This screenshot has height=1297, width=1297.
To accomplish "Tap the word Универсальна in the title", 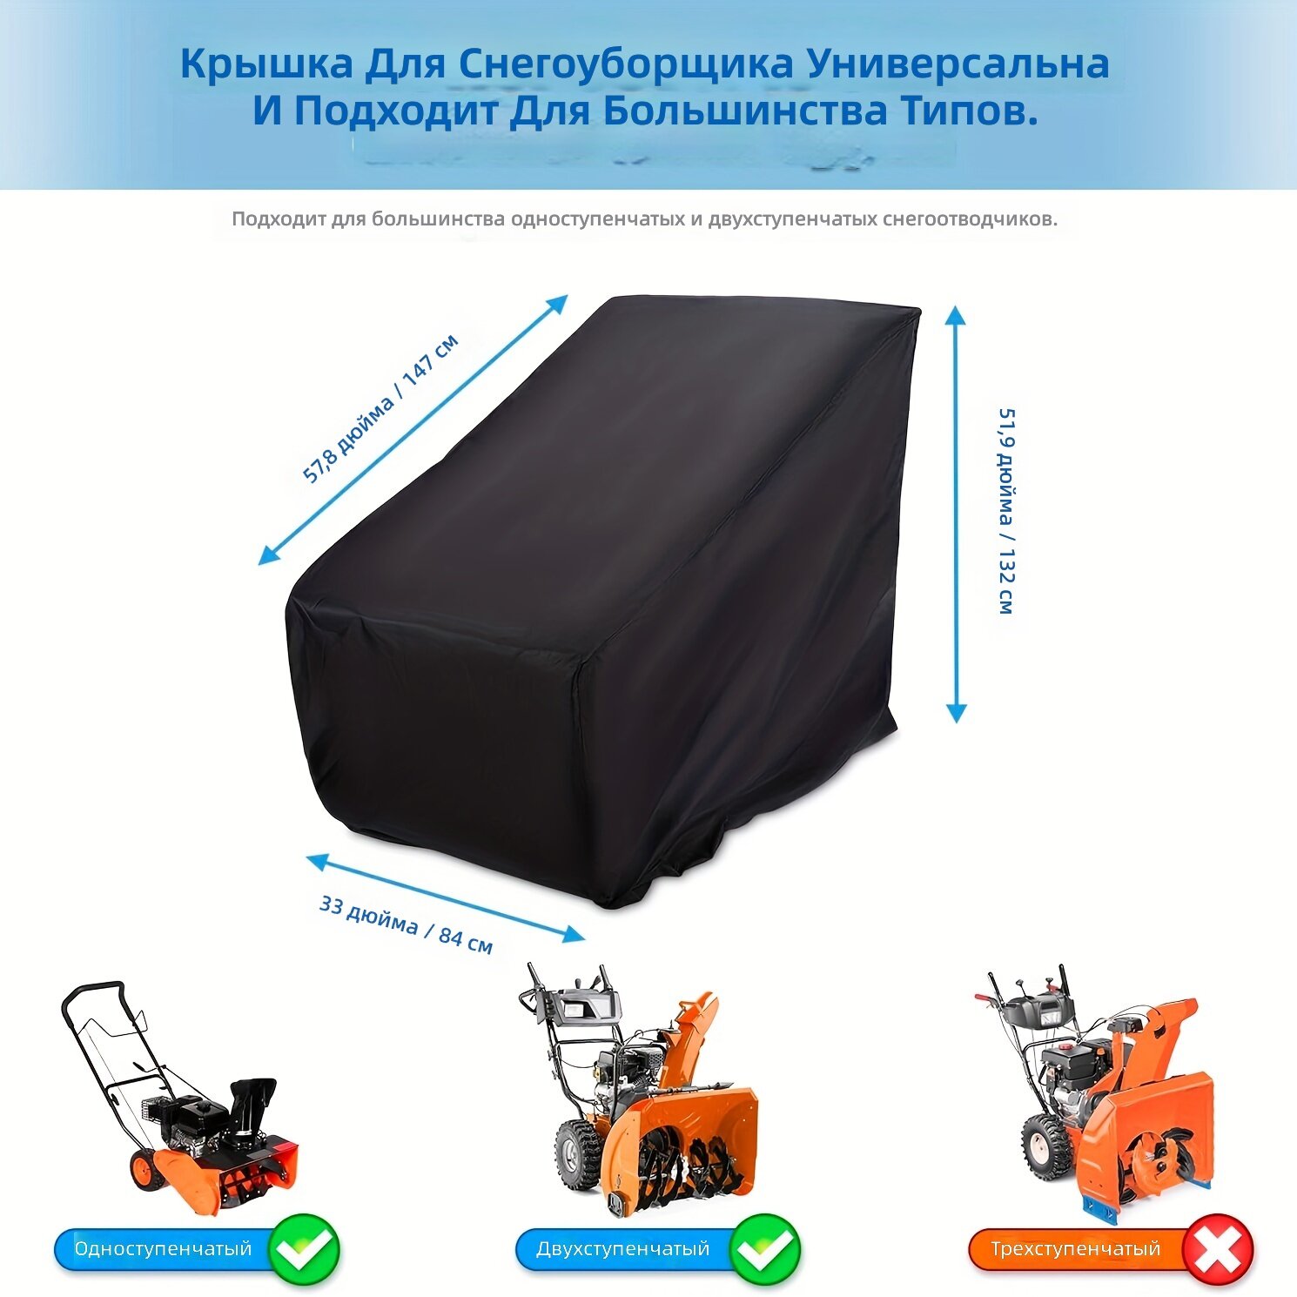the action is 958,64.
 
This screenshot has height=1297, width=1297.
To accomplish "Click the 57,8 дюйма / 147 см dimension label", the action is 380,408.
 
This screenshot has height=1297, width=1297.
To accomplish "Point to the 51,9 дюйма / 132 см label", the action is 1005,511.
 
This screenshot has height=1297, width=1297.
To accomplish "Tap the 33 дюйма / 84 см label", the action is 406,924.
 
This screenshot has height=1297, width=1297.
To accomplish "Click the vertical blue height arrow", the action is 956,514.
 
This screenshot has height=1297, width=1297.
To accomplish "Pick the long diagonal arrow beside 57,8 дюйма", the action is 413,430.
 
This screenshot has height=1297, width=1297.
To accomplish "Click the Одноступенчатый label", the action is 163,1249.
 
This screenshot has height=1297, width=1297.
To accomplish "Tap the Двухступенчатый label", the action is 623,1249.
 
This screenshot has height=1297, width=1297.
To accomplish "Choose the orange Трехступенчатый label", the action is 1076,1249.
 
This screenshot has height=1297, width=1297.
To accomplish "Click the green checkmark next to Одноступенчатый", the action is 305,1250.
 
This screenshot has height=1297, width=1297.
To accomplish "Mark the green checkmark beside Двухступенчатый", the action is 765,1250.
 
